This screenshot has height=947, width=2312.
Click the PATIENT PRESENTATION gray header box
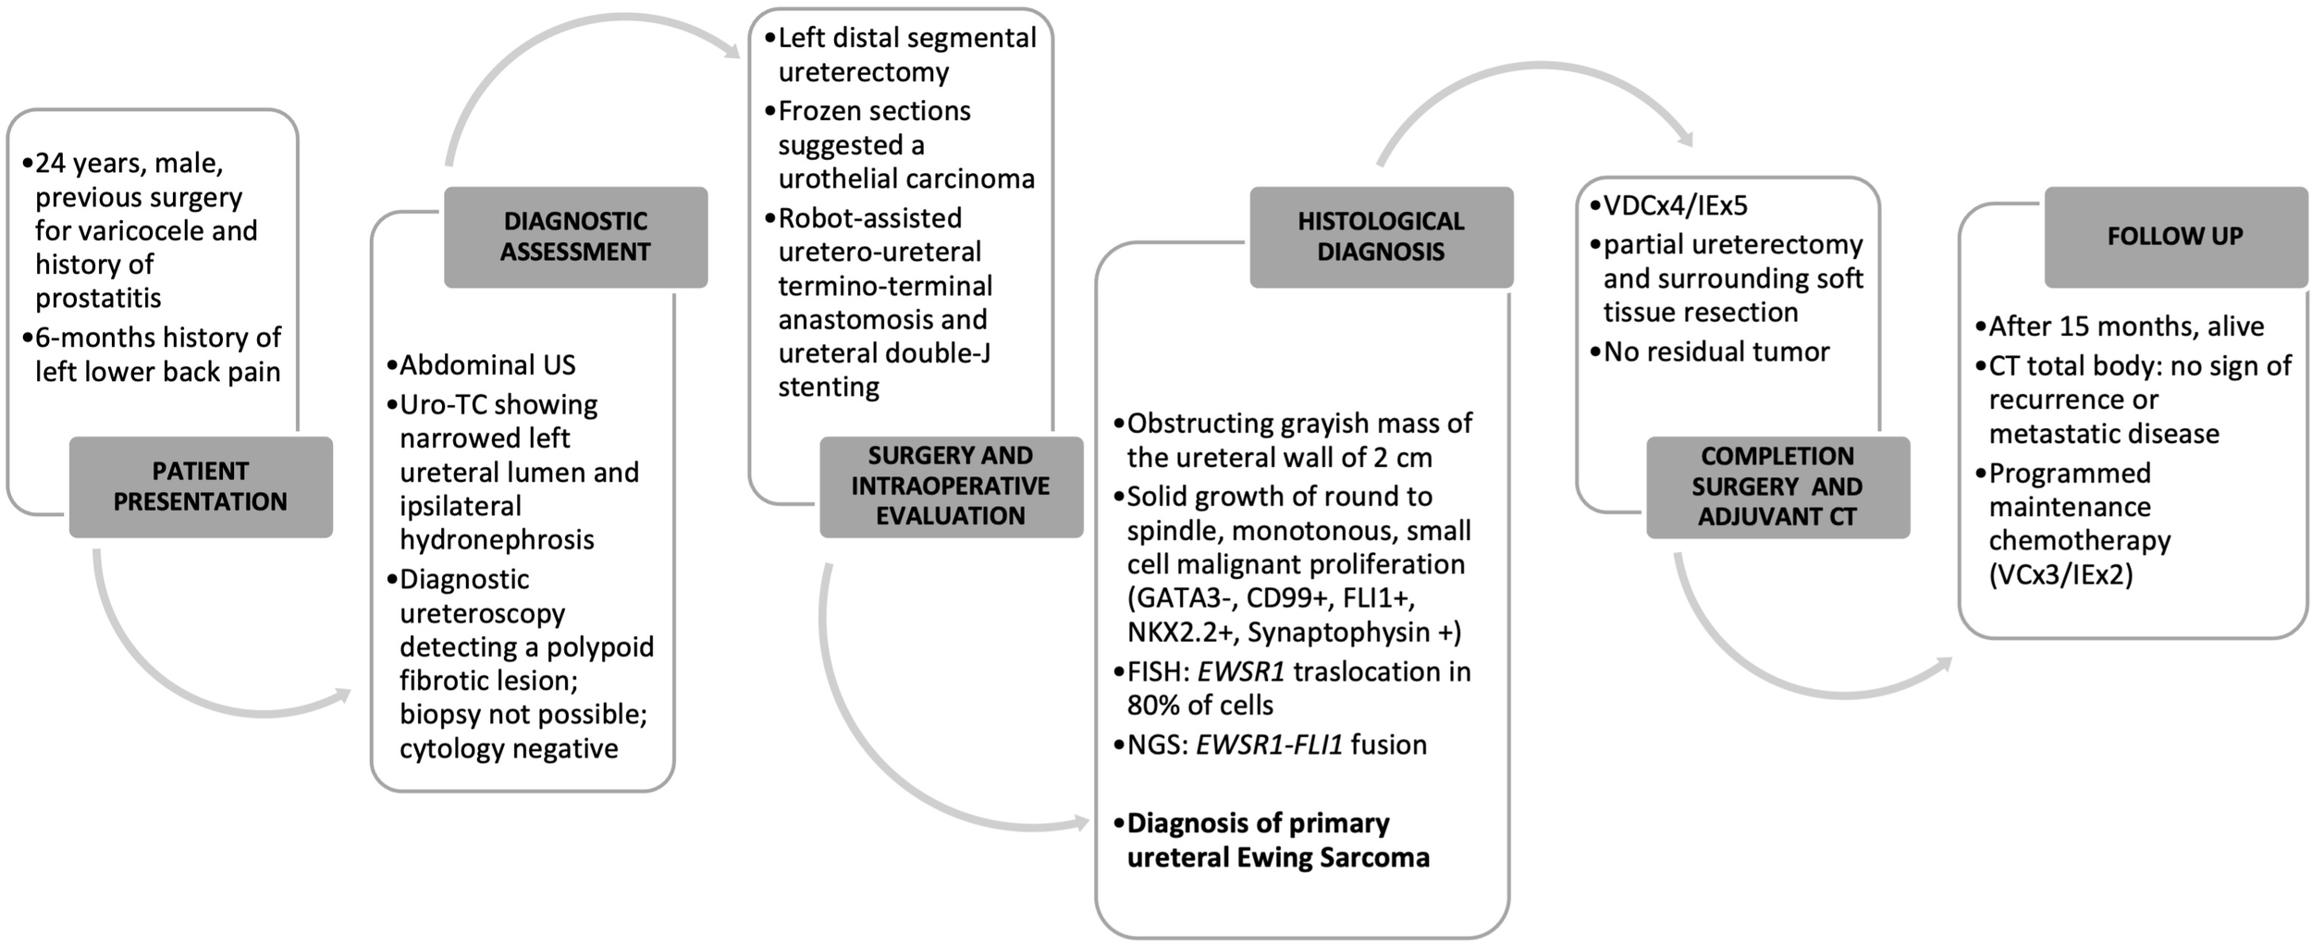[x=200, y=486]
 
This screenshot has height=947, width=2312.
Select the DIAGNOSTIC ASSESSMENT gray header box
[x=575, y=237]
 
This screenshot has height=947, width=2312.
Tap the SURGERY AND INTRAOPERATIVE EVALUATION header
[x=951, y=486]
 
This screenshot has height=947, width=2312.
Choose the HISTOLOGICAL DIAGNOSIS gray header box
[x=1381, y=237]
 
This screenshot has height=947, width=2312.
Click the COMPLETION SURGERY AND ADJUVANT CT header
[x=1777, y=486]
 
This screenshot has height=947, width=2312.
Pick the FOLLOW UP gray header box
[x=2174, y=237]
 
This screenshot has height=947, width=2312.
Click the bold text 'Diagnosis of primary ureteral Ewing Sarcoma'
[x=1276, y=840]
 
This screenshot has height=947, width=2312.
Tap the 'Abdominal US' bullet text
[x=487, y=364]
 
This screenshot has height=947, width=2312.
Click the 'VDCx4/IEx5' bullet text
[x=1675, y=205]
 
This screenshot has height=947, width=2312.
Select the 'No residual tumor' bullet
[x=1716, y=351]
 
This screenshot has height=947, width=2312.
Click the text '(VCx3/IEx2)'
[x=2060, y=574]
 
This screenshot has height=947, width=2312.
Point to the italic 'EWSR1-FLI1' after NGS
[x=1269, y=744]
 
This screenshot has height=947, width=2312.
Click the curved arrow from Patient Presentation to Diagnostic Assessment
[x=185, y=675]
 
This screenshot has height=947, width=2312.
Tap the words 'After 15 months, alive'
[x=2125, y=326]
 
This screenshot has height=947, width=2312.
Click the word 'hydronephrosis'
[x=497, y=539]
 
